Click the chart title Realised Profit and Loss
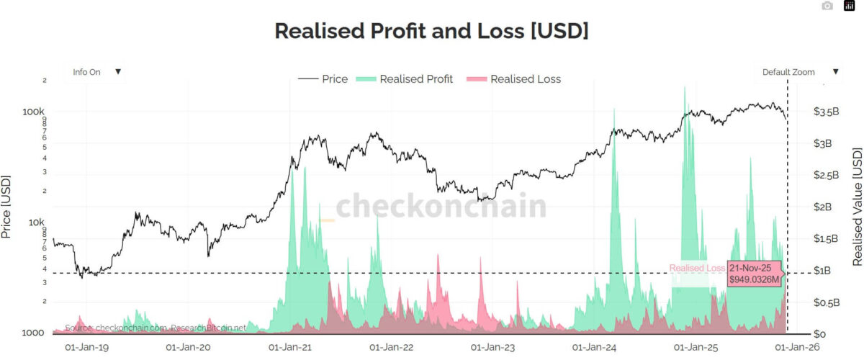431,32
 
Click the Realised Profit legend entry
405,79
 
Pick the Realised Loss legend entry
514,79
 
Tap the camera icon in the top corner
827,6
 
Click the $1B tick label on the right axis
823,271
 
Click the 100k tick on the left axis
34,112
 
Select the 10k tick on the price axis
36,222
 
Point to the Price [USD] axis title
6,207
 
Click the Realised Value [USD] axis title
857,207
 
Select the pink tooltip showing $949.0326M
755,273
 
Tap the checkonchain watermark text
441,207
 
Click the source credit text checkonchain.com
155,328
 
